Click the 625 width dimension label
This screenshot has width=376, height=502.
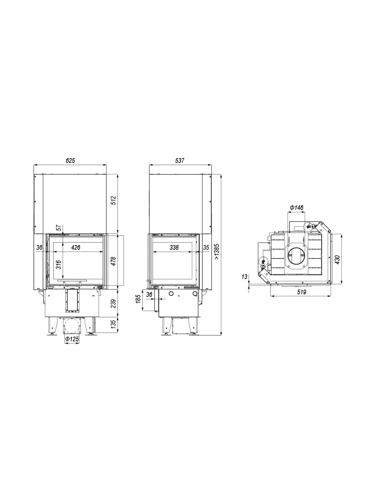tap(70, 161)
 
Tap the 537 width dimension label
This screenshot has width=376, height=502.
tap(180, 161)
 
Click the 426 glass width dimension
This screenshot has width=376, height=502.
tap(76, 247)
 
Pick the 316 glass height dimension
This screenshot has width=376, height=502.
tap(59, 265)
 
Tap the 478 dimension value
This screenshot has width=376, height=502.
tap(114, 261)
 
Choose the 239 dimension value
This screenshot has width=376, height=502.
tap(114, 303)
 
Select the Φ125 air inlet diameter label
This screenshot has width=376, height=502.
tap(72, 339)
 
